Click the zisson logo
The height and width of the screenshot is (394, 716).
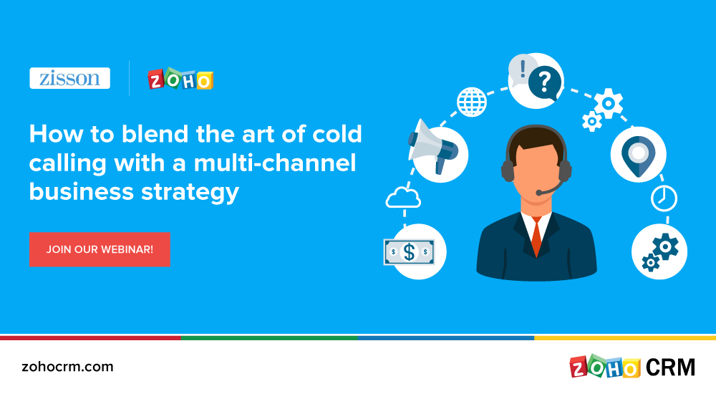point(69,78)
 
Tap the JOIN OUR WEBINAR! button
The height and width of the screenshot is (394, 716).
point(100,249)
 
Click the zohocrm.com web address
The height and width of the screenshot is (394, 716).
point(67,367)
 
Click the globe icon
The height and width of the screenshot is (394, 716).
point(471,101)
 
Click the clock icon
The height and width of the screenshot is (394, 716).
point(664,198)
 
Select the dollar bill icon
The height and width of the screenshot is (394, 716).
point(409,251)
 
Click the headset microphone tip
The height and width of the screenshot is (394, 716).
point(539,192)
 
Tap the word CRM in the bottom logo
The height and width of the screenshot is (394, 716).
point(670,367)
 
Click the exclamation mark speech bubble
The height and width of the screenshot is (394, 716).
point(523,70)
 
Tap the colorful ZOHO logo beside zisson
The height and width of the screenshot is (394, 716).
point(180,80)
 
